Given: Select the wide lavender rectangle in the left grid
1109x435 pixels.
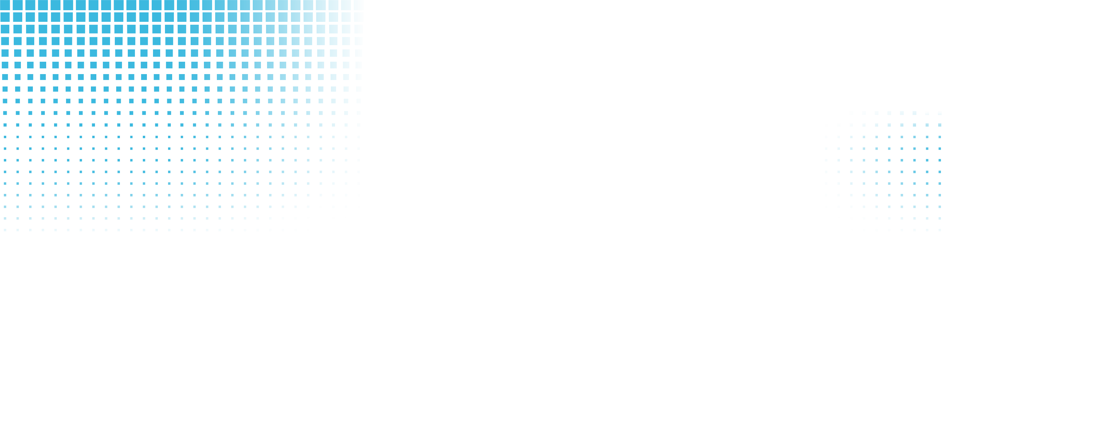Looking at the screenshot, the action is [x=289, y=166].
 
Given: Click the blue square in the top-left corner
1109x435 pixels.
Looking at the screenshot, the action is [x=5, y=5].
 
